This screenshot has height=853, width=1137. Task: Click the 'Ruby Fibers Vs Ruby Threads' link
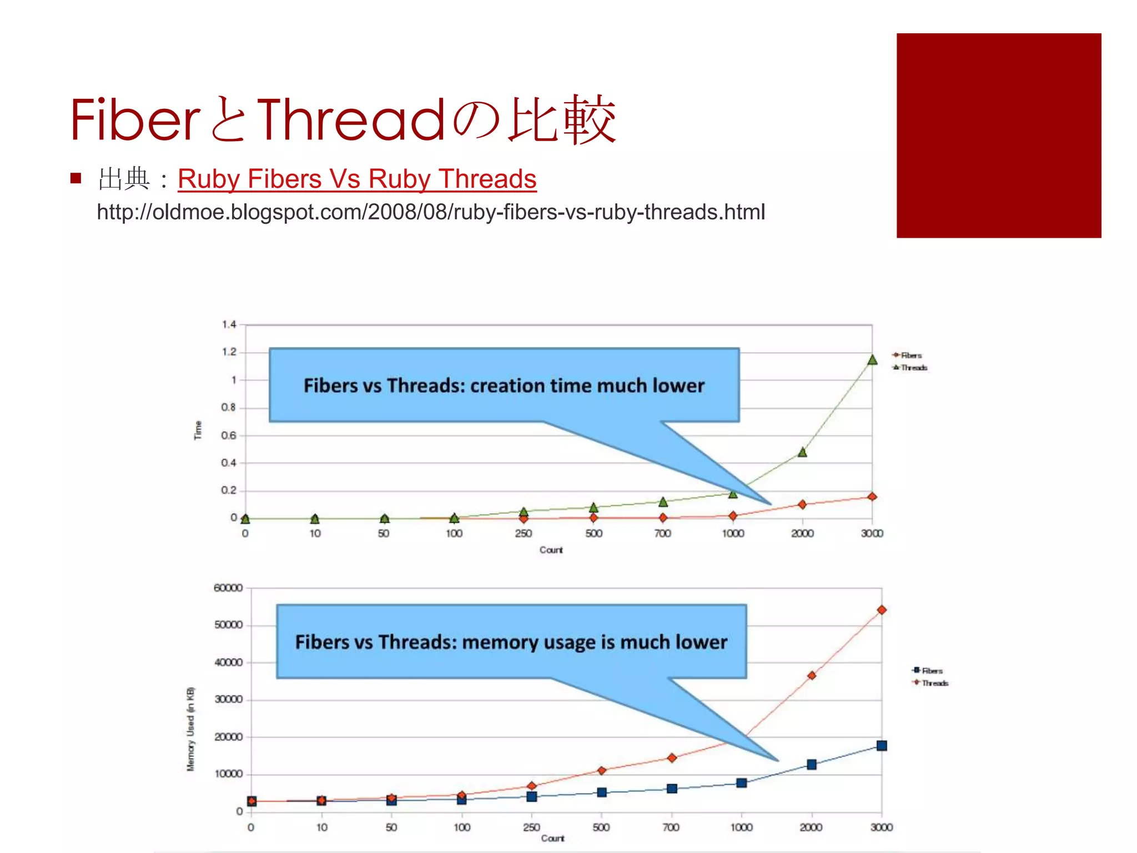tap(357, 179)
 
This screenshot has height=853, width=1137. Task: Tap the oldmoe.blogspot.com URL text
tap(431, 212)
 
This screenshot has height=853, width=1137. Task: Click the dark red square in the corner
tap(998, 136)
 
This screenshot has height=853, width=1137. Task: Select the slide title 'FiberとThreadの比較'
tap(343, 120)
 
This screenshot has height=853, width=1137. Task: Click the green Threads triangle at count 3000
tap(872, 360)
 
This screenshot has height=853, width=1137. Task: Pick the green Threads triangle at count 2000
tap(802, 452)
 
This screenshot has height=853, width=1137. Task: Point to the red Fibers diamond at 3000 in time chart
tap(872, 496)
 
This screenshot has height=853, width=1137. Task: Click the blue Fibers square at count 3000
tap(882, 746)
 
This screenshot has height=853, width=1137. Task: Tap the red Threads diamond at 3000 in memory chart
tap(882, 610)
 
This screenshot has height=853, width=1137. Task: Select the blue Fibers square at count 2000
tap(812, 765)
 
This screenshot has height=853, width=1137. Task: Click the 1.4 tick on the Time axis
tap(229, 324)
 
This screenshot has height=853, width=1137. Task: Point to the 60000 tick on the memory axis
tap(228, 588)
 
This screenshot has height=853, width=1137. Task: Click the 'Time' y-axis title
tap(198, 430)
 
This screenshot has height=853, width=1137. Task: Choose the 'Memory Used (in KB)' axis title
tap(190, 729)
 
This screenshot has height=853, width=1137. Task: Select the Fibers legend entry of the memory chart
tap(928, 671)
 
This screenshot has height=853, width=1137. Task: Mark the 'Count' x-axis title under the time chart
tap(551, 550)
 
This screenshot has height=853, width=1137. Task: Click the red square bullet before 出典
tap(76, 179)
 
